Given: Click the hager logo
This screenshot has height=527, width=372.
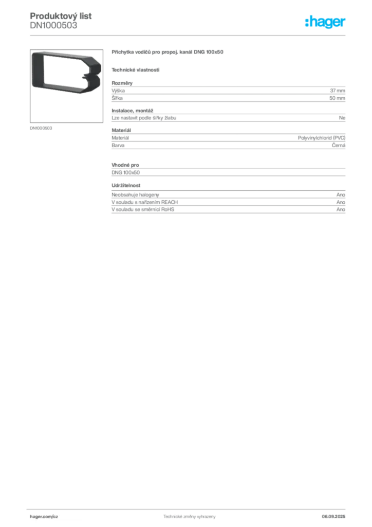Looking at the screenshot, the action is coord(325,22).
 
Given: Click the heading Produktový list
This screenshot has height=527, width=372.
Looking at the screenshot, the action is coord(61,16).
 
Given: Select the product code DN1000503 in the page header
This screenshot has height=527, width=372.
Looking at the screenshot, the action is coord(53,26).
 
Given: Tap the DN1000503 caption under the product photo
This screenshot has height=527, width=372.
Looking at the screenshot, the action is coord(41,128).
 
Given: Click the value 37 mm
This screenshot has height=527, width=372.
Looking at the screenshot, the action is coord(338,91).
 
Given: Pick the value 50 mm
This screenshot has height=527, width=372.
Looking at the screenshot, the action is coord(337,98).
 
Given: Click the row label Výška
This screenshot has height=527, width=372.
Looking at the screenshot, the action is coord(118,91).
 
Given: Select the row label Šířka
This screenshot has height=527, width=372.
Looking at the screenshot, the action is coord(117,98).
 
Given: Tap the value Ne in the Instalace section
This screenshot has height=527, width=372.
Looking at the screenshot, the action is coord(342,118).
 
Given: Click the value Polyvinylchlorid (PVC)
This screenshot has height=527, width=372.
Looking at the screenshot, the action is coord(321,138).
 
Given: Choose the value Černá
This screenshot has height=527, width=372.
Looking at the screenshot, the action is coord(339,145).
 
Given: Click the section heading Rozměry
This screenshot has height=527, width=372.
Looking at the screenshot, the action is coord(122,83).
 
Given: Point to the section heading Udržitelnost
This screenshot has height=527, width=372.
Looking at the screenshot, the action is coord(126,185).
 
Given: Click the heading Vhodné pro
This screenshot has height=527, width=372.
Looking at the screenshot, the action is coord(125,165).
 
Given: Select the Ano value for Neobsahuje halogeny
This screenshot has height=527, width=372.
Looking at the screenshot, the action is coord(341,195).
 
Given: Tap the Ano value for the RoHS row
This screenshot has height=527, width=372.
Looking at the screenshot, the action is coord(341,209).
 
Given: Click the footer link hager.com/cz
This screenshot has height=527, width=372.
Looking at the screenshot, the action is coord(44,517).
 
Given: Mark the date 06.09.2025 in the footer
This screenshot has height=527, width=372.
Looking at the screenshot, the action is coord(333,517).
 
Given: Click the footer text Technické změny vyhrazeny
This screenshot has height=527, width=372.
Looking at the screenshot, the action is coord(190,517).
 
